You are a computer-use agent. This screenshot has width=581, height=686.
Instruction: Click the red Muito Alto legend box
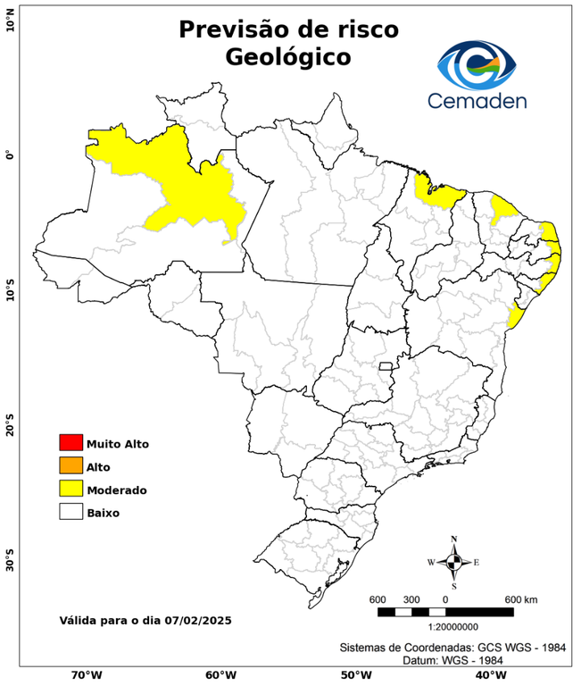[x=71, y=442]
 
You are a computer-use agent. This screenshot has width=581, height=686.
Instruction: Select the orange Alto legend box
[x=71, y=465]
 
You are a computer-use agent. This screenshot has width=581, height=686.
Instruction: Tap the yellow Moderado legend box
[x=71, y=489]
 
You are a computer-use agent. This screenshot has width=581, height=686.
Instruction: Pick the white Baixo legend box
[x=71, y=512]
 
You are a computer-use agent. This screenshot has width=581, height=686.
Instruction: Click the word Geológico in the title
[x=288, y=57]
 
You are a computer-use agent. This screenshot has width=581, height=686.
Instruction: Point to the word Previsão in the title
[x=231, y=29]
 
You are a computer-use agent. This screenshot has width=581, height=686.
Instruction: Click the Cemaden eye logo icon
[x=477, y=63]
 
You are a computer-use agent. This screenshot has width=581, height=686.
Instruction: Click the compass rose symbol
[x=453, y=562]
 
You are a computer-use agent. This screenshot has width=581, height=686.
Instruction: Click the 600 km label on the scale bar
[x=521, y=598]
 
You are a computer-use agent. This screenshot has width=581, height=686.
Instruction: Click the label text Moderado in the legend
[x=117, y=489]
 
